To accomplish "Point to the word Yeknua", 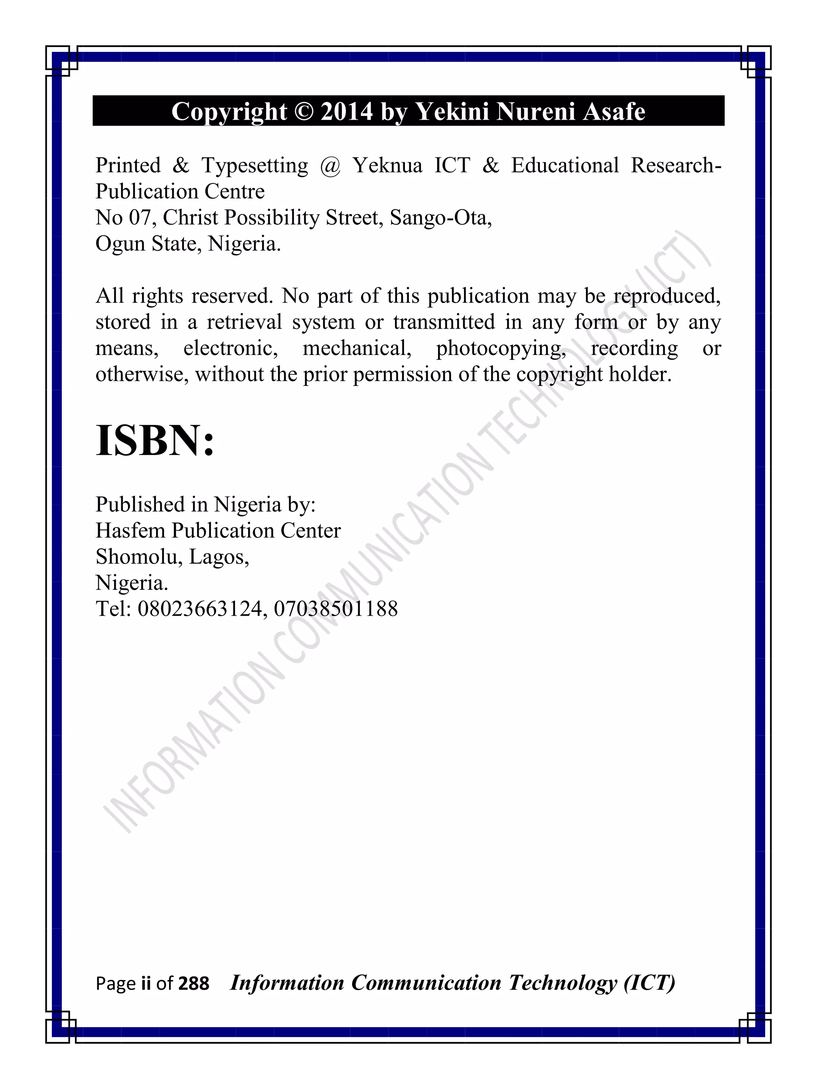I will pos(387,166).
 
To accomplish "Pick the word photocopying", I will pos(500,349).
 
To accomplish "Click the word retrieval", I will pos(244,323).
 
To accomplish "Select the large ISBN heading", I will pos(155,441).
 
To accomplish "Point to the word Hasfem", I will pos(130,531).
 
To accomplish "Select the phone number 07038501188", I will pos(335,609).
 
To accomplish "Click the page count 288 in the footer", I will pos(193,984).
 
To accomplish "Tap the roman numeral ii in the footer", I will pos(145,984).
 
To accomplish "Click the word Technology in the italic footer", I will pos(562,983).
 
